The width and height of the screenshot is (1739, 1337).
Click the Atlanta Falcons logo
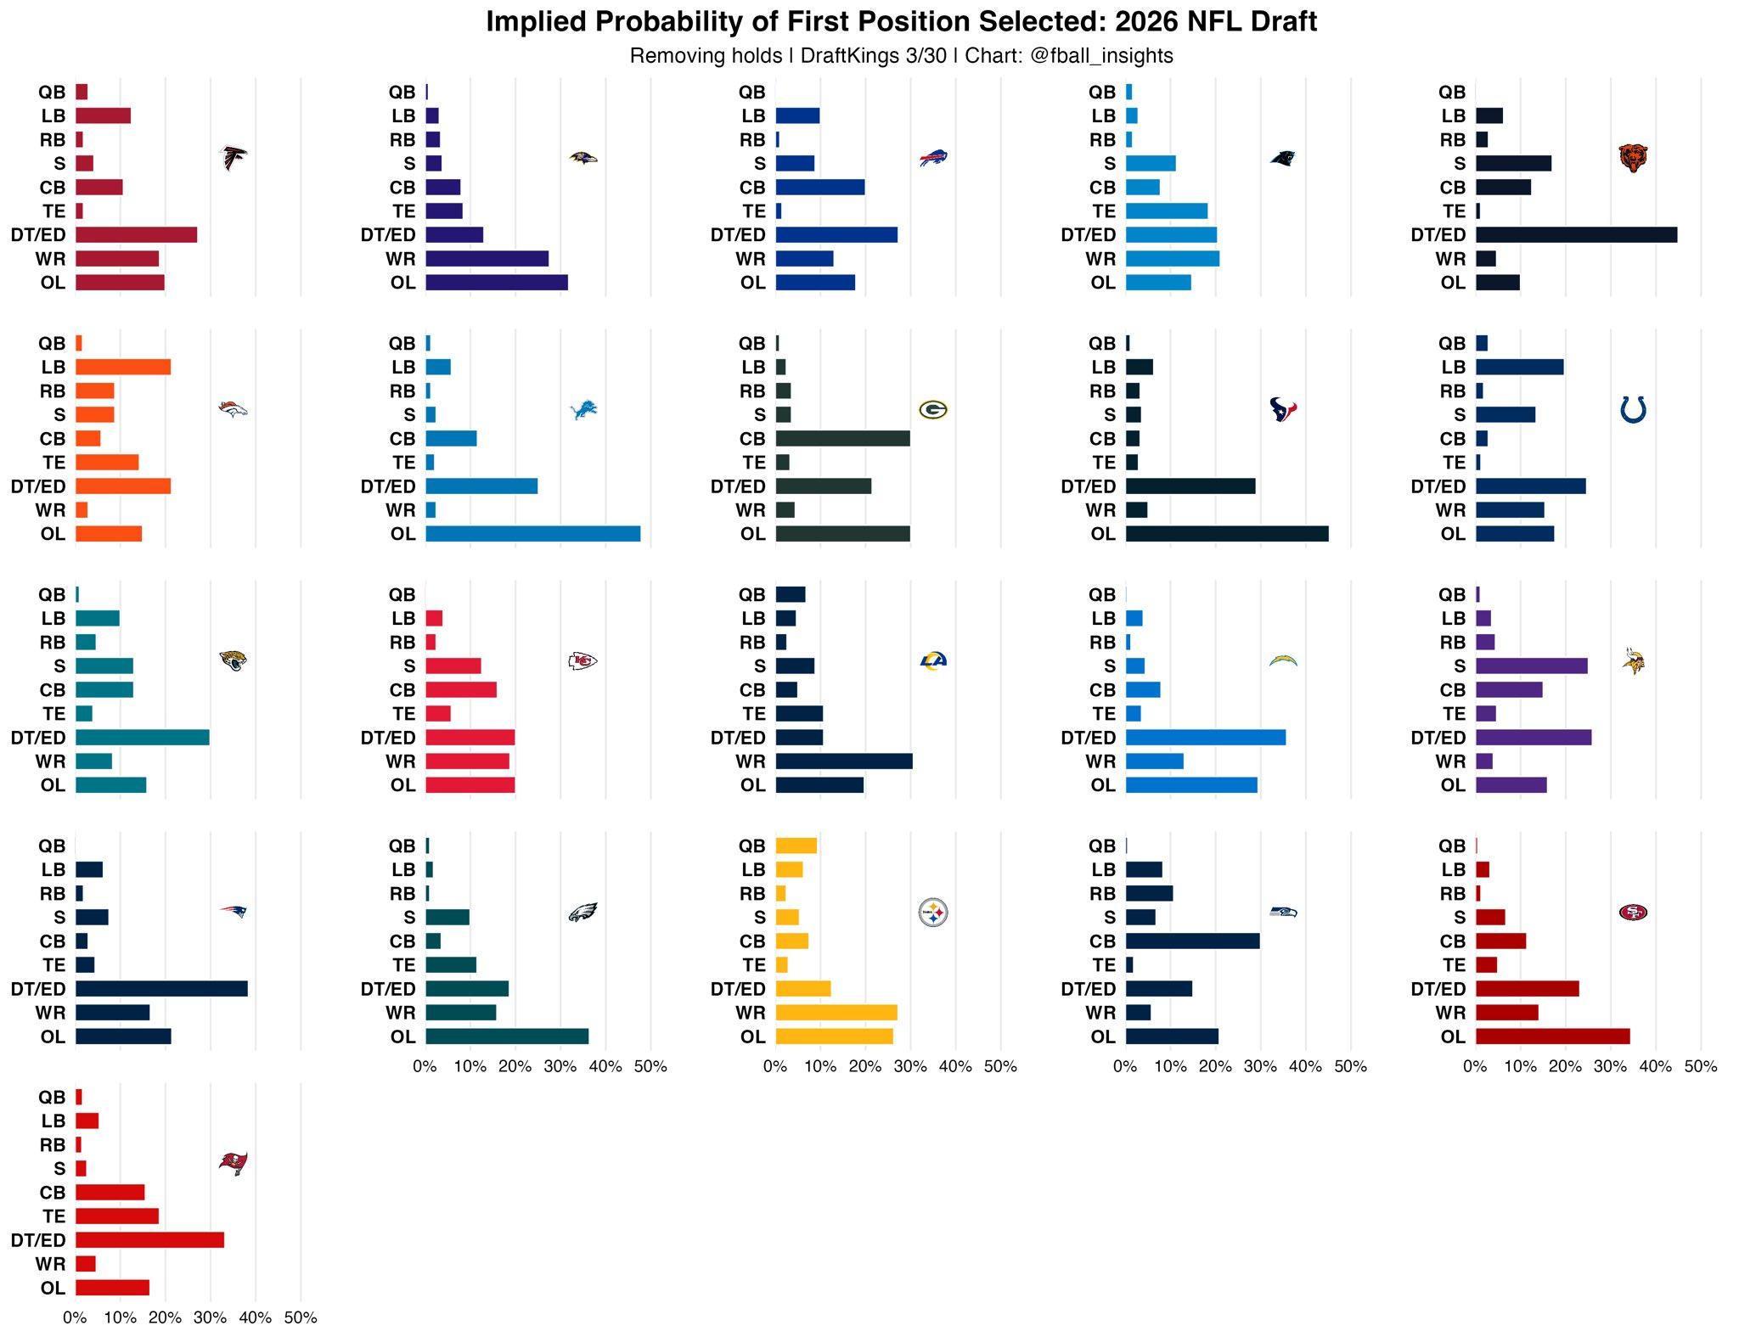point(234,159)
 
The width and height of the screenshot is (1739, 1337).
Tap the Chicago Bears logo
point(1633,159)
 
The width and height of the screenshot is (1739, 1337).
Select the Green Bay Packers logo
point(932,410)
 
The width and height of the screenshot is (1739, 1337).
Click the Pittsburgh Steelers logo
point(932,913)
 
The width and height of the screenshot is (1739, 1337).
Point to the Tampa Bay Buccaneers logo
point(234,1163)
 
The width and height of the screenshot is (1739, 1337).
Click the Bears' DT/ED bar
point(1576,235)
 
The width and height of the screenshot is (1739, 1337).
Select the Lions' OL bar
point(532,534)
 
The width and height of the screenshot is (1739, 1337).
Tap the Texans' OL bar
point(1227,534)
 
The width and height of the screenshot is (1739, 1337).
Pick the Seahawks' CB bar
point(1192,941)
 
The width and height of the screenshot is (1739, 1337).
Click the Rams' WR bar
point(844,761)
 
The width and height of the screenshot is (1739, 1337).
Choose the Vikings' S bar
point(1531,666)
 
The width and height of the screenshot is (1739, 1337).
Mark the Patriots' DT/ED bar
point(161,989)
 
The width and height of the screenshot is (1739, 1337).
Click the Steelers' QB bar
point(796,846)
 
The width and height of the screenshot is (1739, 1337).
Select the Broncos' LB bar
point(123,368)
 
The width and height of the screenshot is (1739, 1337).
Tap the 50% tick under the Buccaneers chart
point(301,1318)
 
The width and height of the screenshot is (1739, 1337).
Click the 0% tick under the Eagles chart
point(425,1067)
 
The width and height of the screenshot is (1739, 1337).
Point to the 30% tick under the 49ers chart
point(1610,1067)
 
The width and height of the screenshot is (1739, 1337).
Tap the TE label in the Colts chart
point(1454,463)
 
